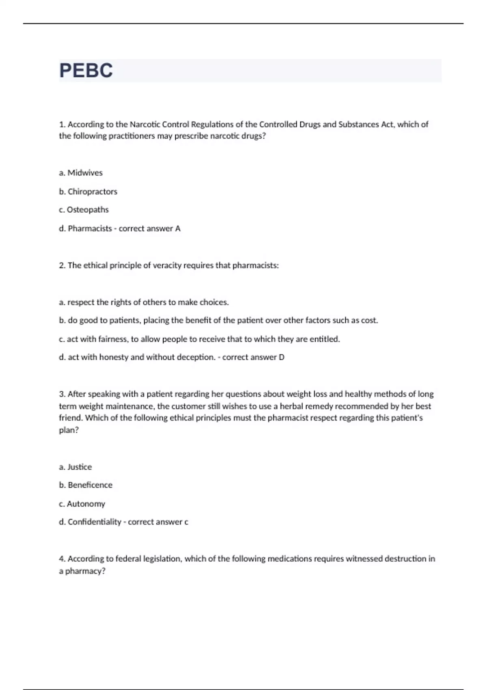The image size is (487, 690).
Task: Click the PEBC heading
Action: [86, 71]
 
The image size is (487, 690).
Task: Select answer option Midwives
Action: [85, 173]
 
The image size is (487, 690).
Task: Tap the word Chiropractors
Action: [92, 192]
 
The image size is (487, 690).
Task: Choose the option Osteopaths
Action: [88, 210]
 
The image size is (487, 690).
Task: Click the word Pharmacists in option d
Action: [90, 229]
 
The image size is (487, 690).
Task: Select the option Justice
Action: [80, 467]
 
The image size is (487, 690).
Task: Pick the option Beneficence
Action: [90, 485]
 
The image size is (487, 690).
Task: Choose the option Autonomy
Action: [86, 504]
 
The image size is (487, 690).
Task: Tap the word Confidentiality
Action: [94, 522]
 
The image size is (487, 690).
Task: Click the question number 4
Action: [62, 559]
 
